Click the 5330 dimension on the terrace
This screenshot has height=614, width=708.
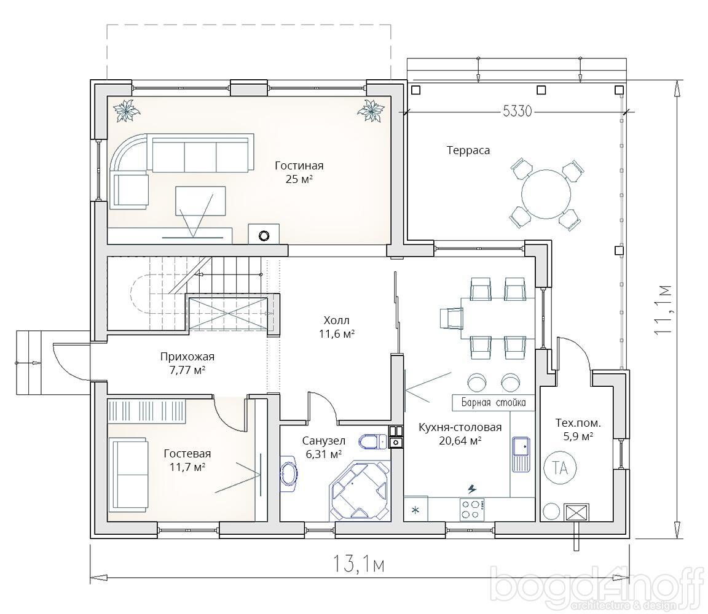tap(517, 111)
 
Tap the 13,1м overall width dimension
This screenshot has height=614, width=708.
tap(359, 563)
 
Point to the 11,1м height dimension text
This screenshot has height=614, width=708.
tap(663, 309)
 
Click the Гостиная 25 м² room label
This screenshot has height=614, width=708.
tap(299, 173)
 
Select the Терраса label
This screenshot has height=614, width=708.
tap(468, 150)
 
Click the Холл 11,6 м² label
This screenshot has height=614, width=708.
tap(336, 327)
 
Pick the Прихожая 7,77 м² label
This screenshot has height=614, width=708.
tap(187, 363)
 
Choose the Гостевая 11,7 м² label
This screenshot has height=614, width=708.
tap(187, 460)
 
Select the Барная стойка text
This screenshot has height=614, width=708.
tap(494, 402)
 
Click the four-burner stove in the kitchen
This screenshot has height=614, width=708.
tap(472, 510)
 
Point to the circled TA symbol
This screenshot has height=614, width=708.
tap(560, 468)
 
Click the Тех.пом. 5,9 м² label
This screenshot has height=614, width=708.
tap(578, 430)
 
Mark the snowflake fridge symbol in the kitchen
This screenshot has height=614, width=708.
tap(416, 510)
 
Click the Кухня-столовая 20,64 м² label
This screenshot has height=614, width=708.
tap(460, 434)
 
